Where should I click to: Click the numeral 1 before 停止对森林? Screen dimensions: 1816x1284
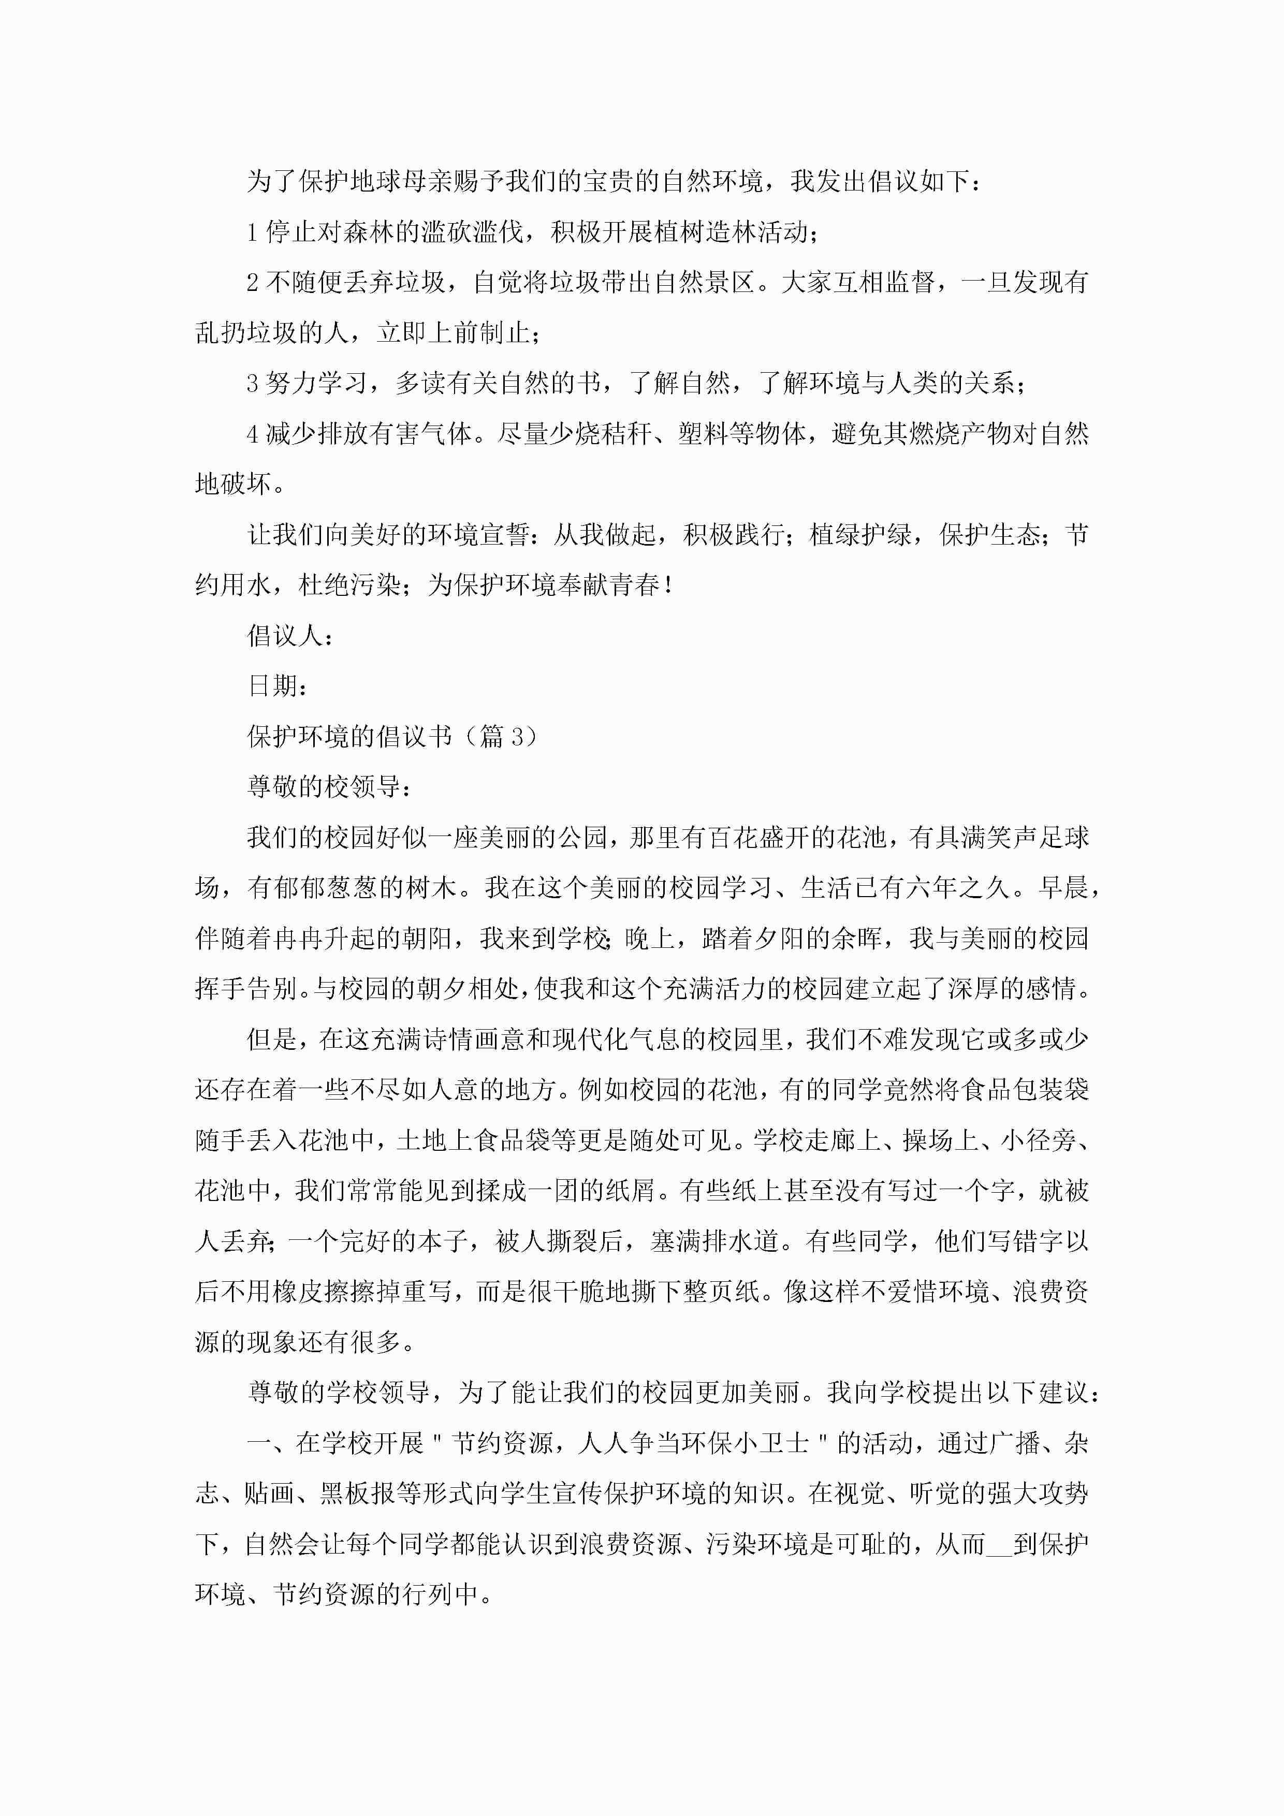(252, 232)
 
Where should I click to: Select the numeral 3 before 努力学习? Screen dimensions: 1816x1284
(252, 384)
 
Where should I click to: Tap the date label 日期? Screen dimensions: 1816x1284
(272, 686)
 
